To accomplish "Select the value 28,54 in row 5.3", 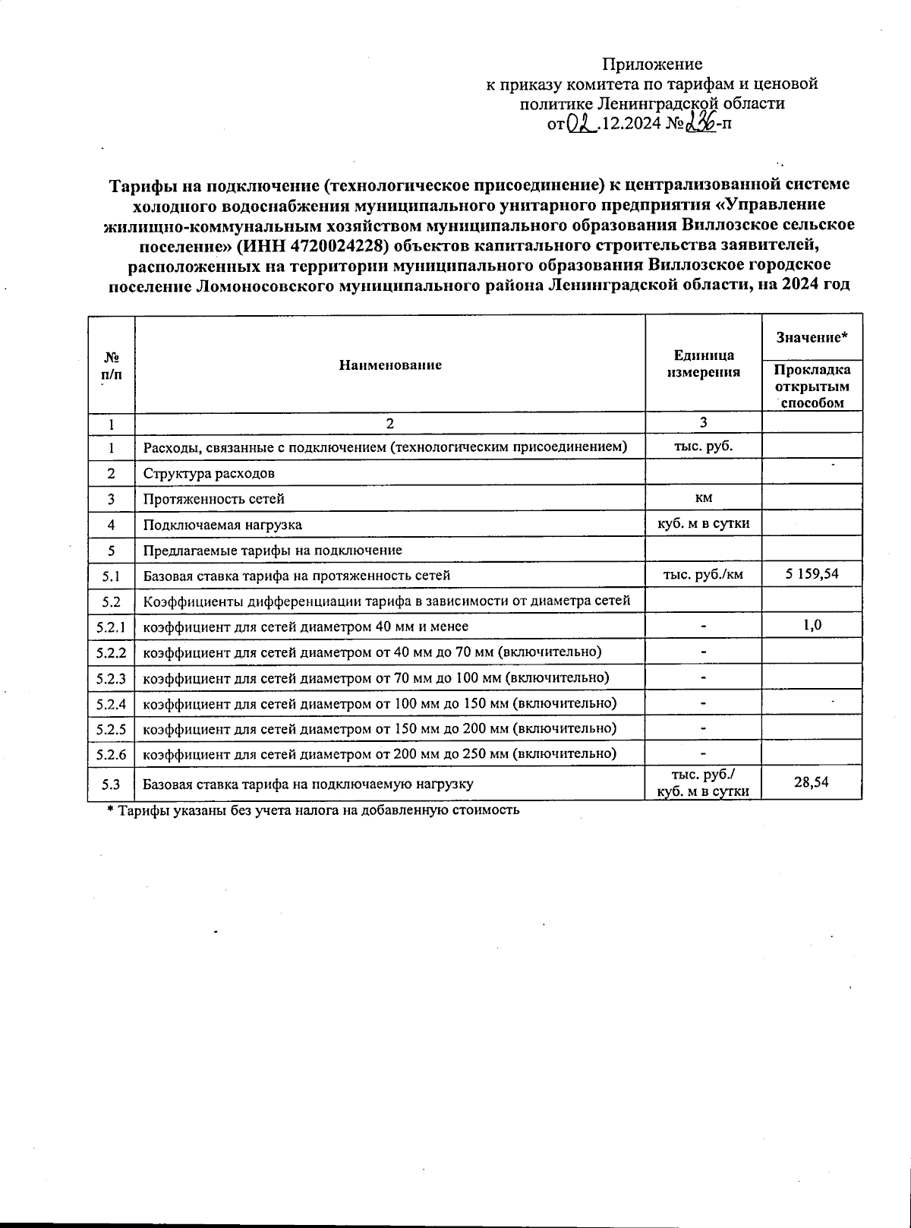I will pos(811,781).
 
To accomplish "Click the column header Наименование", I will pos(390,365).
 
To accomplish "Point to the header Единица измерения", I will pos(703,364).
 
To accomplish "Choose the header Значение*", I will pos(812,336).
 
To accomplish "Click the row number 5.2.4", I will pos(111,703).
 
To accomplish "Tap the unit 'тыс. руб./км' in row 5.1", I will pos(703,574).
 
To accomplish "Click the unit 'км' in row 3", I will pos(703,497).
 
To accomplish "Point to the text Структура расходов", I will pos(209,473).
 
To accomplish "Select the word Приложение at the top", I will pos(652,64).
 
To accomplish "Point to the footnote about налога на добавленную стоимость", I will pos(313,810).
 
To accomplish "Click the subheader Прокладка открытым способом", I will pos(812,386).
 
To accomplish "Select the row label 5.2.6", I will pos(111,755).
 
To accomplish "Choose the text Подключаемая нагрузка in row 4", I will pos(222,525).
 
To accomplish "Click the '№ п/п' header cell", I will pos(111,365).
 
